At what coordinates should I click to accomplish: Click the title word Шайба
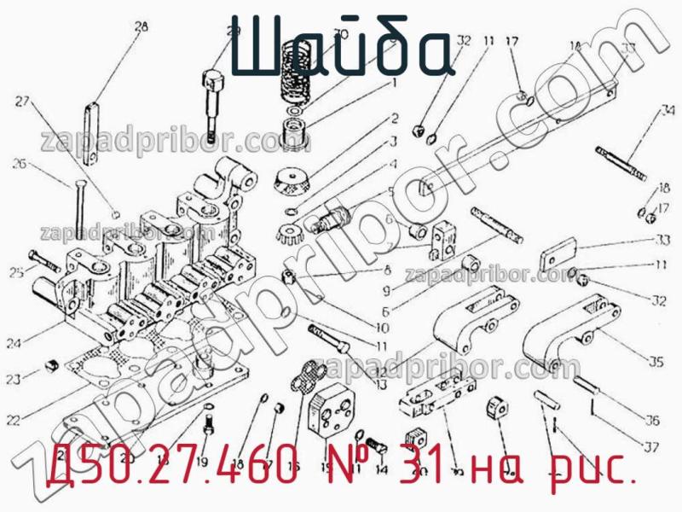340,47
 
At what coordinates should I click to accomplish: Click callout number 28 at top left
140,26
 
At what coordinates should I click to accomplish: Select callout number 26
20,164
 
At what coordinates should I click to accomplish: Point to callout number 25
15,272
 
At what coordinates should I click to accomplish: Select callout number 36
652,420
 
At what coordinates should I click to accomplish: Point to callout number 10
381,327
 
